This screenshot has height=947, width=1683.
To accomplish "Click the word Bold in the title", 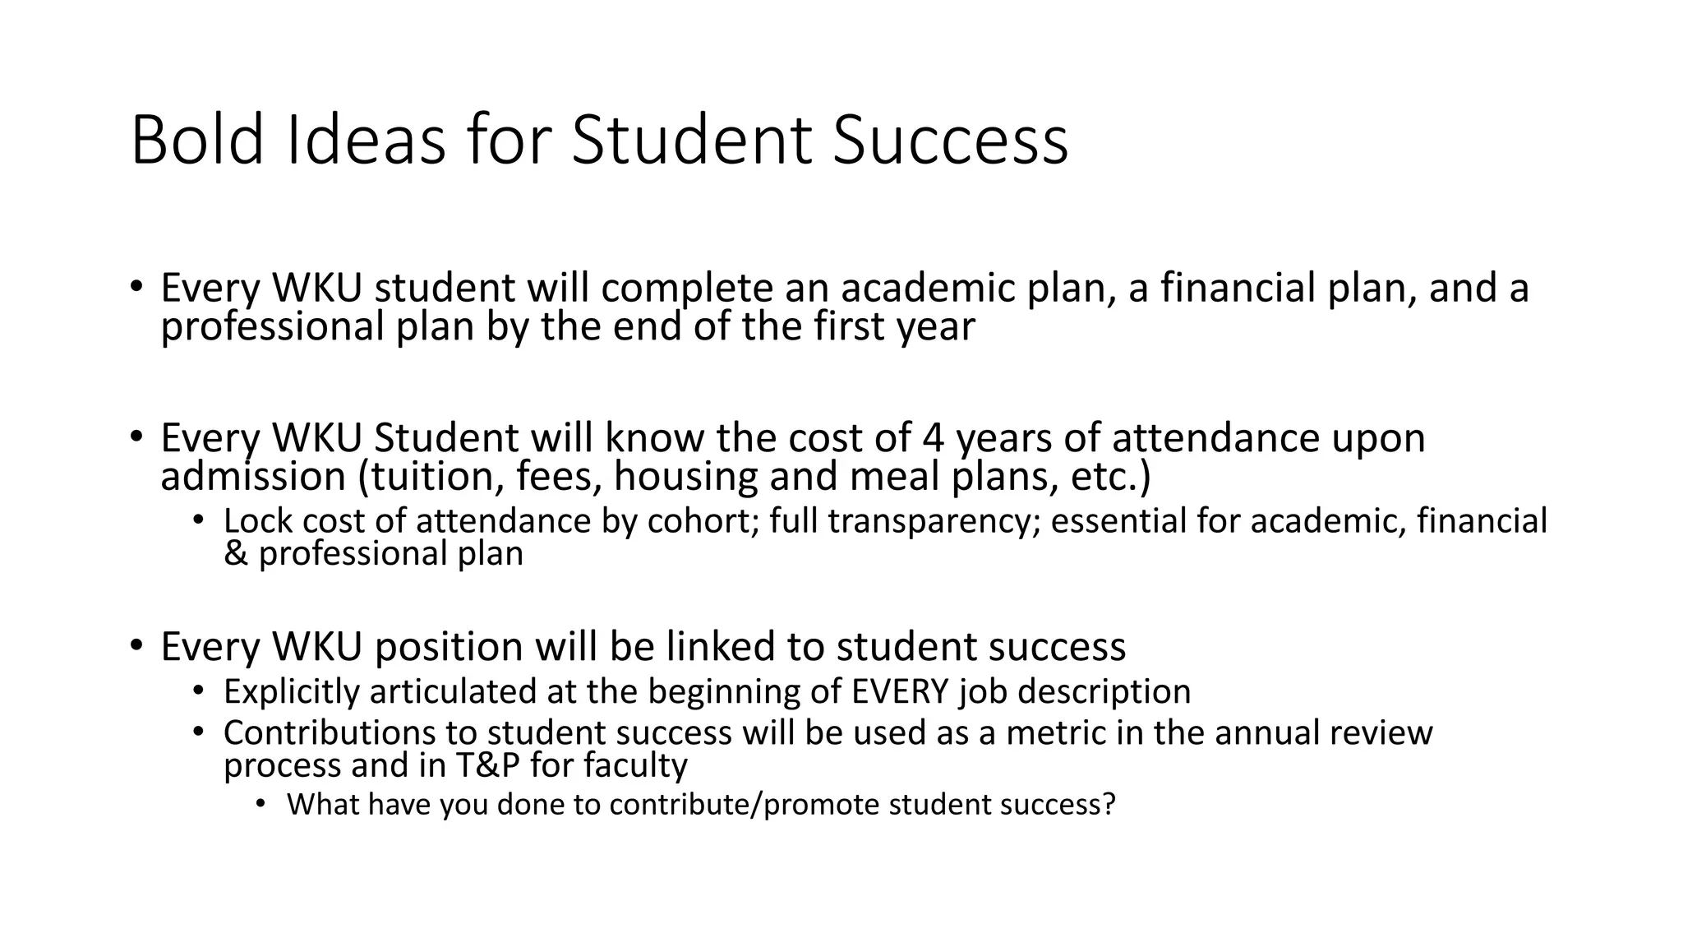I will (196, 140).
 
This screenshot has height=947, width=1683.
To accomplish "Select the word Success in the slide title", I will (950, 140).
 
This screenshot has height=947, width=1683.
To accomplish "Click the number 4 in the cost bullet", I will (934, 437).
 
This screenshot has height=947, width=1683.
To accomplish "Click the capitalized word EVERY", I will (901, 691).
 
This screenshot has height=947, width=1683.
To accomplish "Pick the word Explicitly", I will (291, 692).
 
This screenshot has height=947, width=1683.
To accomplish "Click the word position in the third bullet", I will (448, 648).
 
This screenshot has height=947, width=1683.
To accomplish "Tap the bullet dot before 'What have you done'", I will (261, 803).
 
